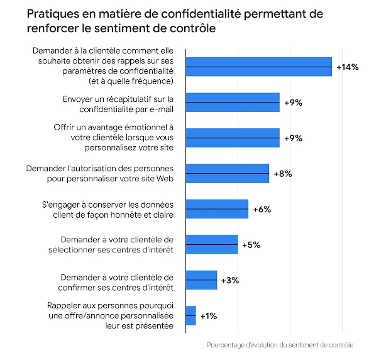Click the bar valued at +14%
click(258, 67)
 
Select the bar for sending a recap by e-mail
click(233, 103)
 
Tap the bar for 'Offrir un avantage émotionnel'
click(233, 138)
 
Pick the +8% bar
click(227, 173)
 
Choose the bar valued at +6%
click(217, 209)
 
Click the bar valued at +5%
click(212, 244)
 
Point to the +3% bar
click(201, 280)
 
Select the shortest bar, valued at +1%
click(190, 315)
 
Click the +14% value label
click(347, 67)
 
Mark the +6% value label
click(262, 209)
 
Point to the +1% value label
click(209, 315)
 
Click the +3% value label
click(230, 280)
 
